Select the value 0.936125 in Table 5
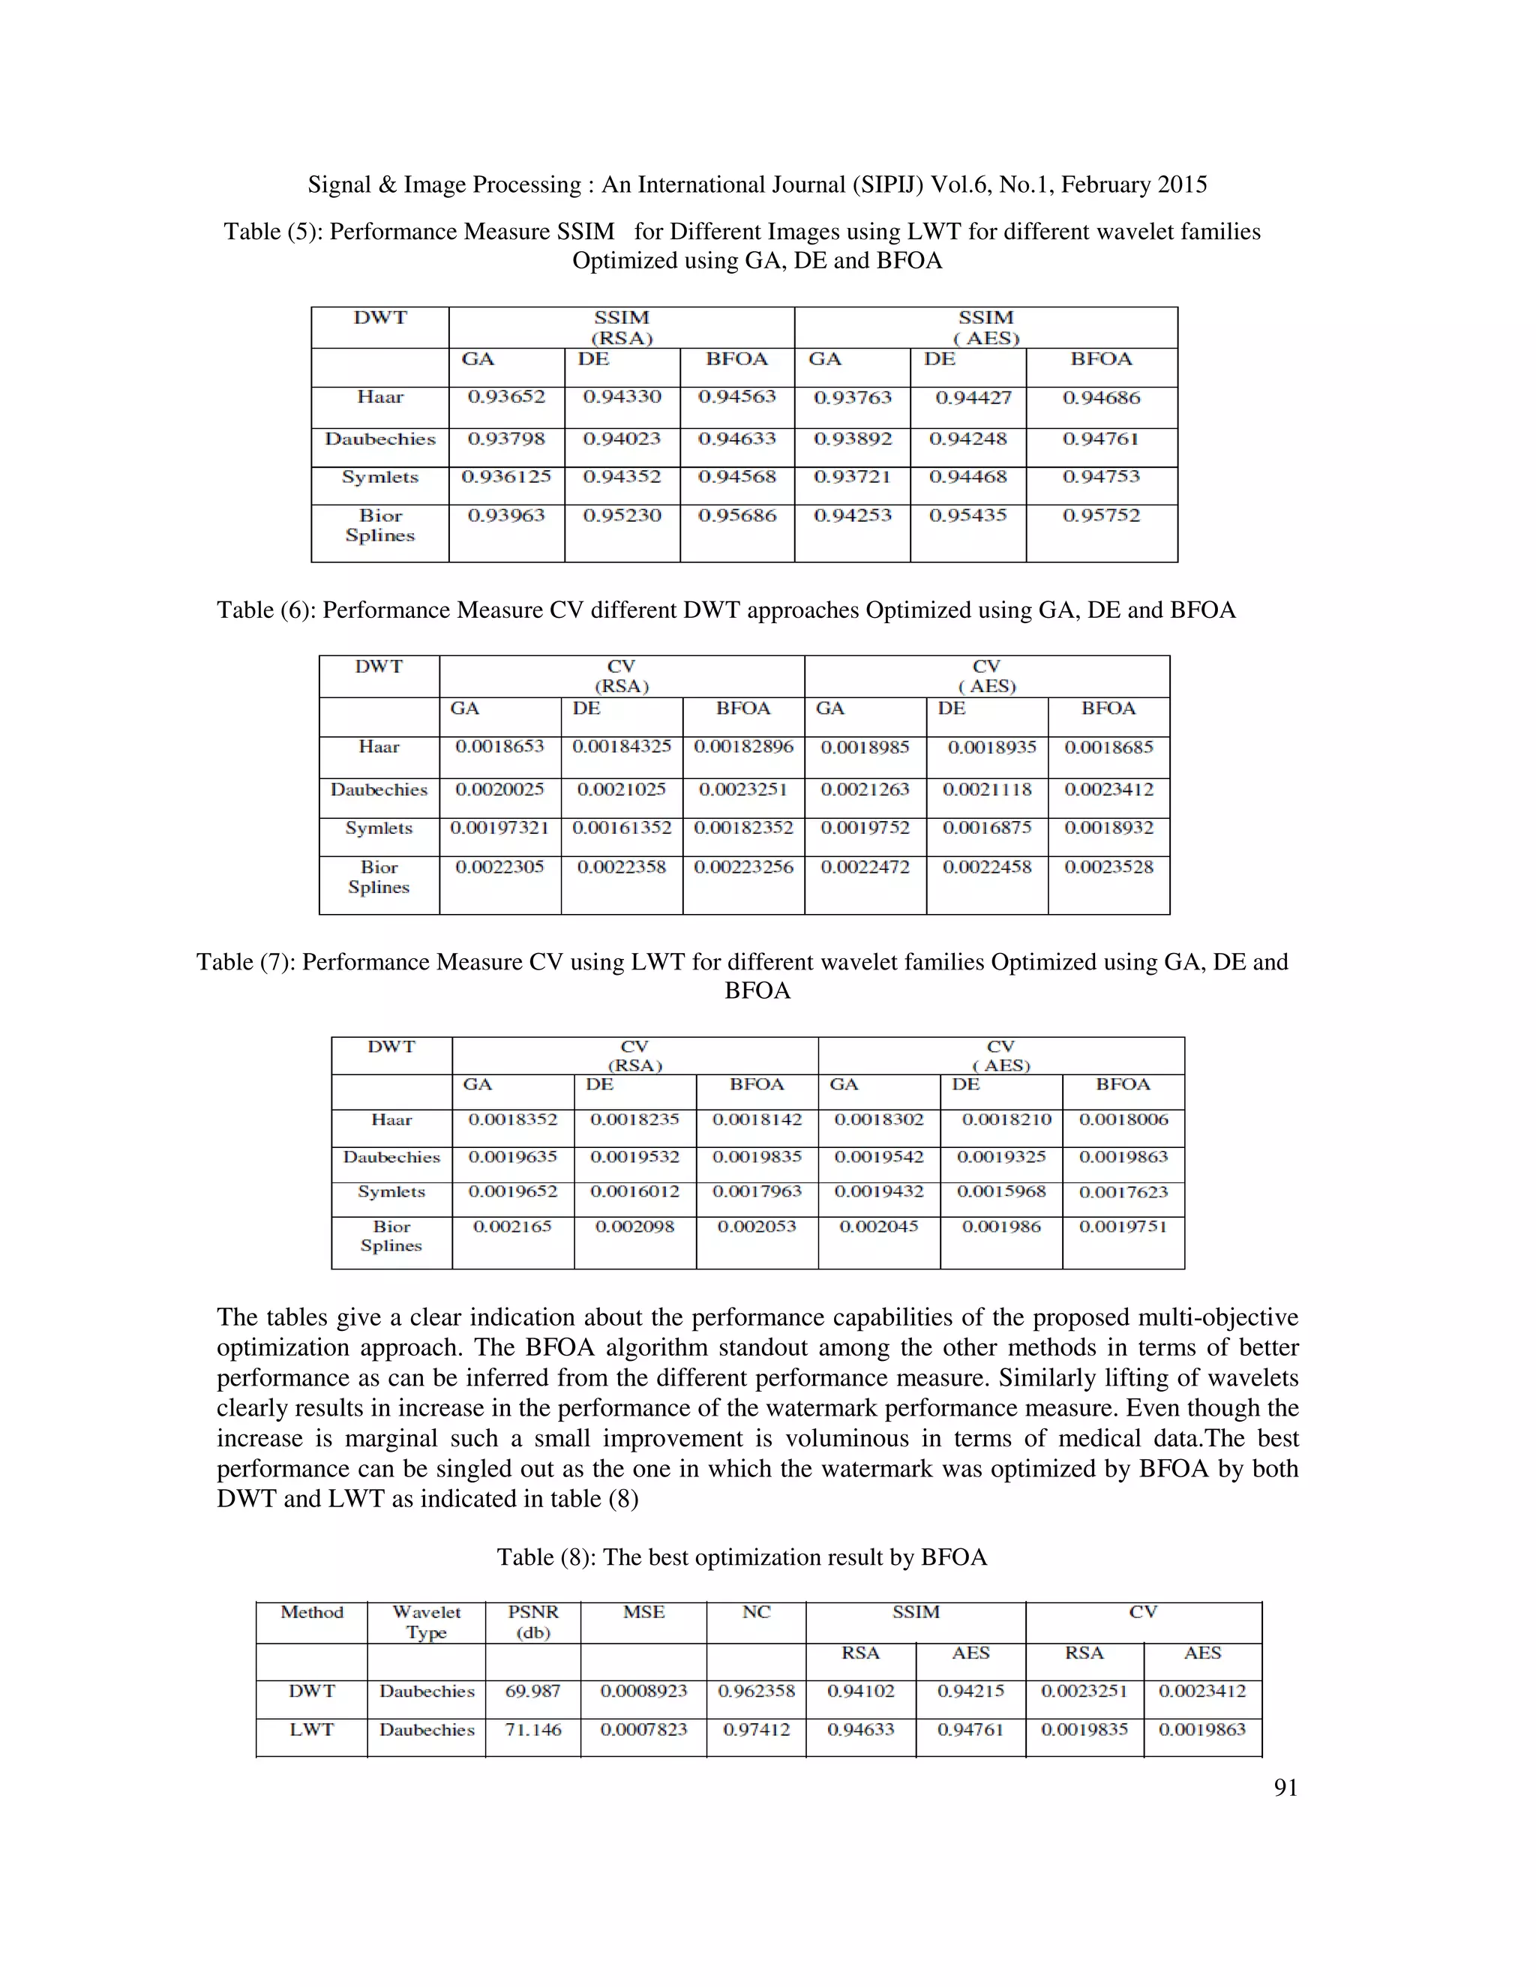[506, 477]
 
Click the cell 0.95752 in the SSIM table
[1101, 516]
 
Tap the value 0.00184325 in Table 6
[622, 747]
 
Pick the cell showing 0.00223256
[743, 867]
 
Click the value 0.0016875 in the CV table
[986, 828]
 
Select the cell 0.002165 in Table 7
[512, 1227]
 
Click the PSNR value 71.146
[533, 1730]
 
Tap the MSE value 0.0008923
[643, 1692]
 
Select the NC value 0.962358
[756, 1692]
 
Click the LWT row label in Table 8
[312, 1730]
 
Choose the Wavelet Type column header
[427, 1622]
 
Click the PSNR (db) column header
[533, 1622]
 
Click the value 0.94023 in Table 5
[622, 439]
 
